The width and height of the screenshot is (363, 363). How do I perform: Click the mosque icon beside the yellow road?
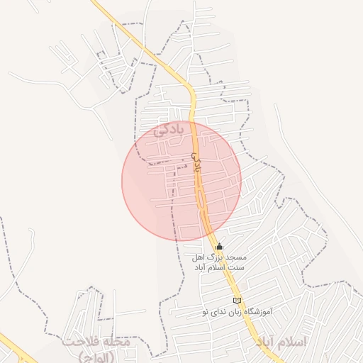(x=218, y=247)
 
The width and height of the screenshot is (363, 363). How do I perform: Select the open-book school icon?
(x=237, y=301)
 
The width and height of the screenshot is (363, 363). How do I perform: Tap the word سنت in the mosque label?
(x=238, y=267)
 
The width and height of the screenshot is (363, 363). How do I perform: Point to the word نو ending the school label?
(x=204, y=311)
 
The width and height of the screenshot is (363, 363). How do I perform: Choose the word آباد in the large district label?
(x=264, y=342)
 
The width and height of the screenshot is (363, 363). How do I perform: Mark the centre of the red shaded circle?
(x=181, y=180)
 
